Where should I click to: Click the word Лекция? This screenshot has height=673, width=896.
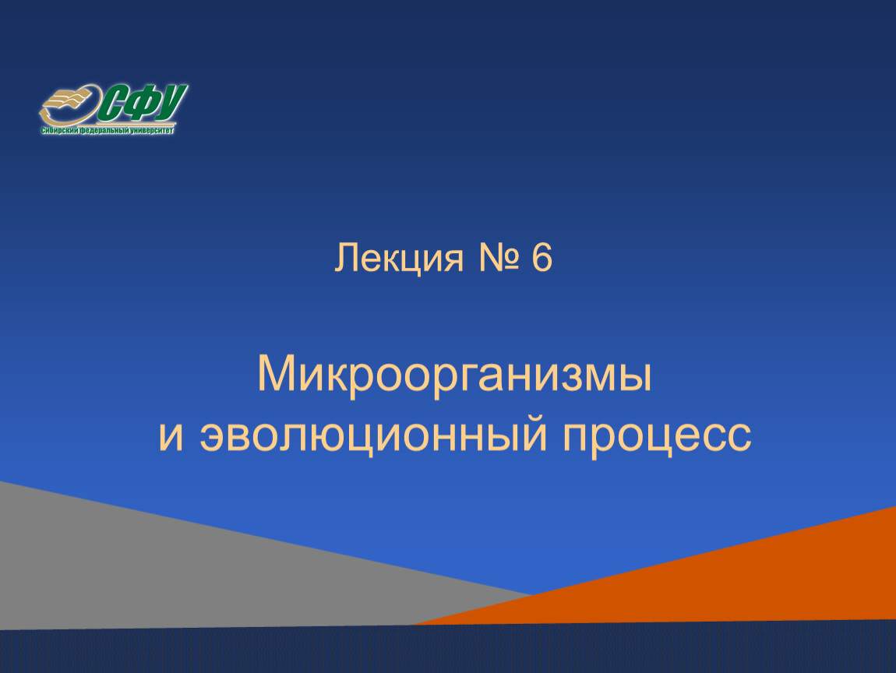(398, 259)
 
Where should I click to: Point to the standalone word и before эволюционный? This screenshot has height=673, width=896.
(171, 436)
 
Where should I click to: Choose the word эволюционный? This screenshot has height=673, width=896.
(374, 436)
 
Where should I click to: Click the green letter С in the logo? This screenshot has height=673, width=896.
(112, 104)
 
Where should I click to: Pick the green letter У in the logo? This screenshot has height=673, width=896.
(171, 103)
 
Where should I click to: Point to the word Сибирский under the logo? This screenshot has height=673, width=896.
(59, 131)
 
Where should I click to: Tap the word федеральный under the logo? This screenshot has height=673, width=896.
(104, 131)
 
